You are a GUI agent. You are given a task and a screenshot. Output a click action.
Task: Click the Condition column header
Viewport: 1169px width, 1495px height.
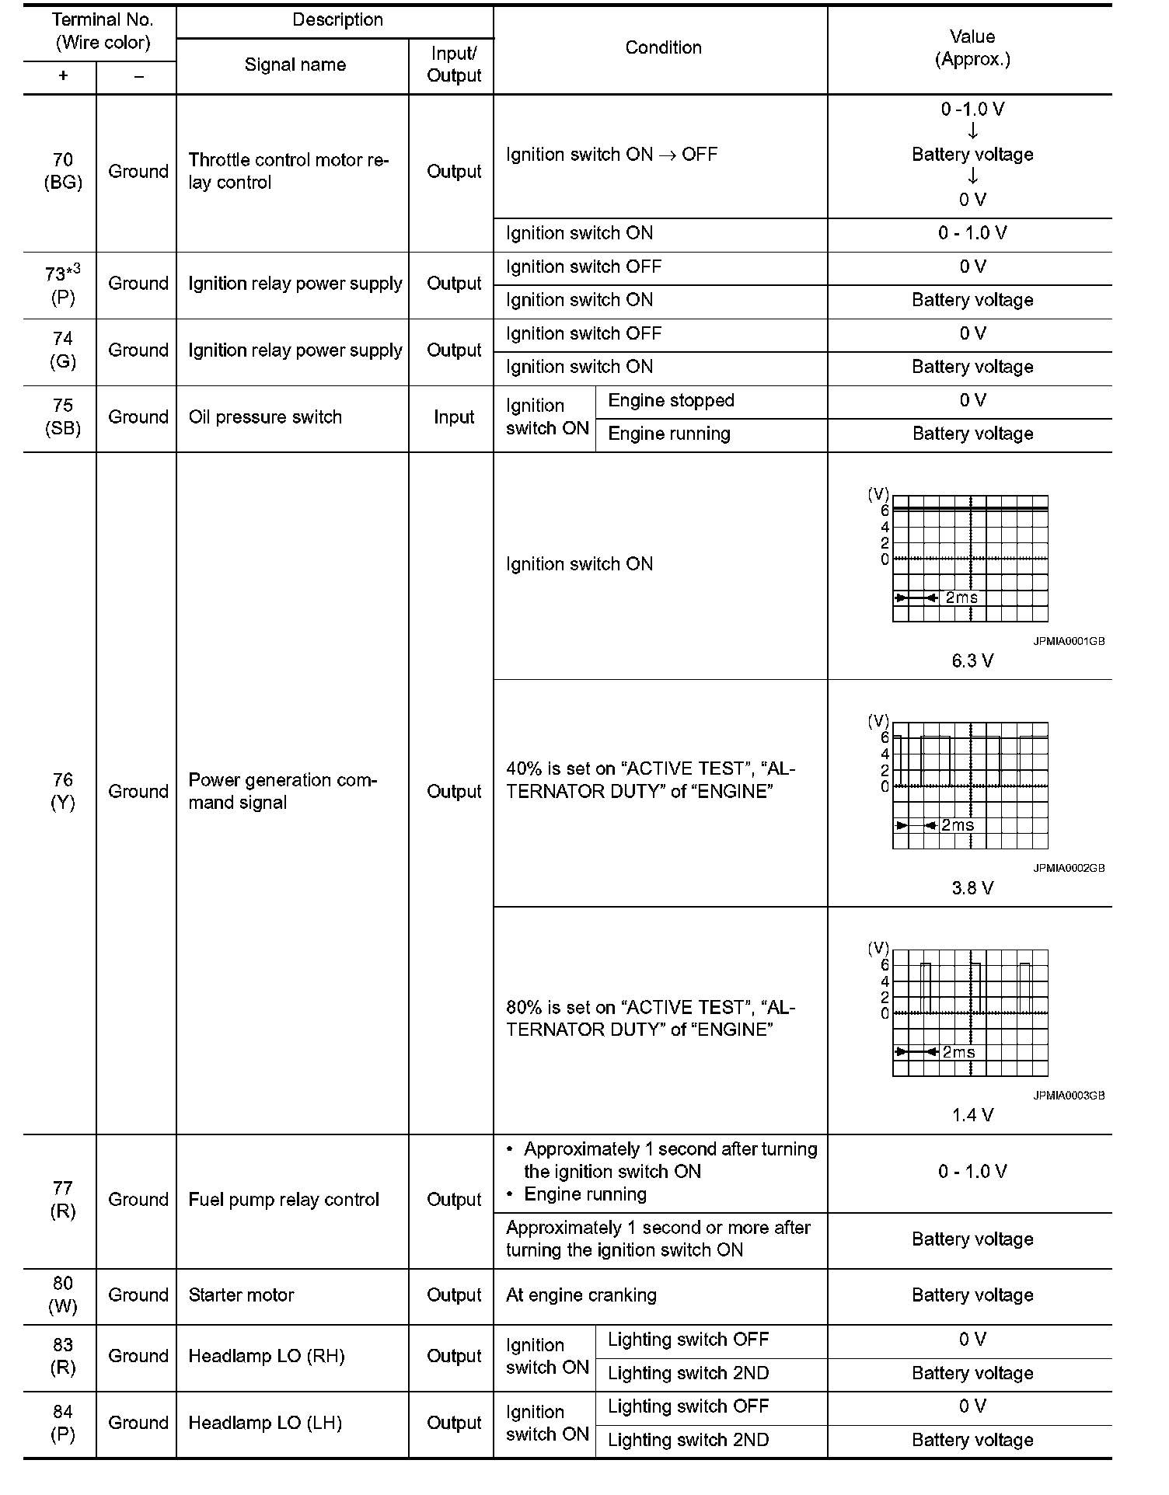[663, 48]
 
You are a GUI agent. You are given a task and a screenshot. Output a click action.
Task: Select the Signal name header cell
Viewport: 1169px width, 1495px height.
[295, 65]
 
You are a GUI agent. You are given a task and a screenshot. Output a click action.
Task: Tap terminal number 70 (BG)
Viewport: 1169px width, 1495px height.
[62, 171]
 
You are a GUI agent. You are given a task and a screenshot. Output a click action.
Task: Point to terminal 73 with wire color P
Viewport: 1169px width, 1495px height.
[62, 285]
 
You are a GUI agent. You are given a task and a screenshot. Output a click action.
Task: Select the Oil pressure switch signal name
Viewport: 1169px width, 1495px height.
[265, 417]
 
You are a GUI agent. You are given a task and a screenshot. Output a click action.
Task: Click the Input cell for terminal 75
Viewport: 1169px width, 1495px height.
[453, 417]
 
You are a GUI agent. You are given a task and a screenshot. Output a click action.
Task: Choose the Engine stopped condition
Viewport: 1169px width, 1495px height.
[671, 401]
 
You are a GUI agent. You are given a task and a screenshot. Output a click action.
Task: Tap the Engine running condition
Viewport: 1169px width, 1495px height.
[668, 434]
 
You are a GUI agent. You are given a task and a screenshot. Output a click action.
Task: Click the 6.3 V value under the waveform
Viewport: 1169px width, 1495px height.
[972, 661]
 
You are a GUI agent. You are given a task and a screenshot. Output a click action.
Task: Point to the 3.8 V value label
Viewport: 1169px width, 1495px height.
[972, 888]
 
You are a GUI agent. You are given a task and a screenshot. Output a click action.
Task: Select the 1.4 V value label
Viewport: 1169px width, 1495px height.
[972, 1116]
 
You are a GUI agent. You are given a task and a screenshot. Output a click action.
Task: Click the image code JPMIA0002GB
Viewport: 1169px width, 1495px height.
[1069, 869]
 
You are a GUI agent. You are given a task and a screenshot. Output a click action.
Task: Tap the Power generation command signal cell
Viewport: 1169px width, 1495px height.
[282, 791]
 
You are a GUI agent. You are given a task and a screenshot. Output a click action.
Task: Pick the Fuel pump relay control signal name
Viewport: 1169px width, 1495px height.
[284, 1200]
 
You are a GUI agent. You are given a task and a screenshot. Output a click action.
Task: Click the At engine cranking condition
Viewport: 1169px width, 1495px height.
[581, 1295]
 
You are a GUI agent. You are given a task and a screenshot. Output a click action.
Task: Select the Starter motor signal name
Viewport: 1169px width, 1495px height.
[241, 1295]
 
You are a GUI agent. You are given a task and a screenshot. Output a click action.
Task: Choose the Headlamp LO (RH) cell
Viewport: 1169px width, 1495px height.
[266, 1356]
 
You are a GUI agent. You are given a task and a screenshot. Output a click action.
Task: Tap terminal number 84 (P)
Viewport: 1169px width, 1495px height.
[62, 1423]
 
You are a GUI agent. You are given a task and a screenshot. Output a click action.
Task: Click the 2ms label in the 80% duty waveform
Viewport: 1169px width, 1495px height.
[958, 1052]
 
